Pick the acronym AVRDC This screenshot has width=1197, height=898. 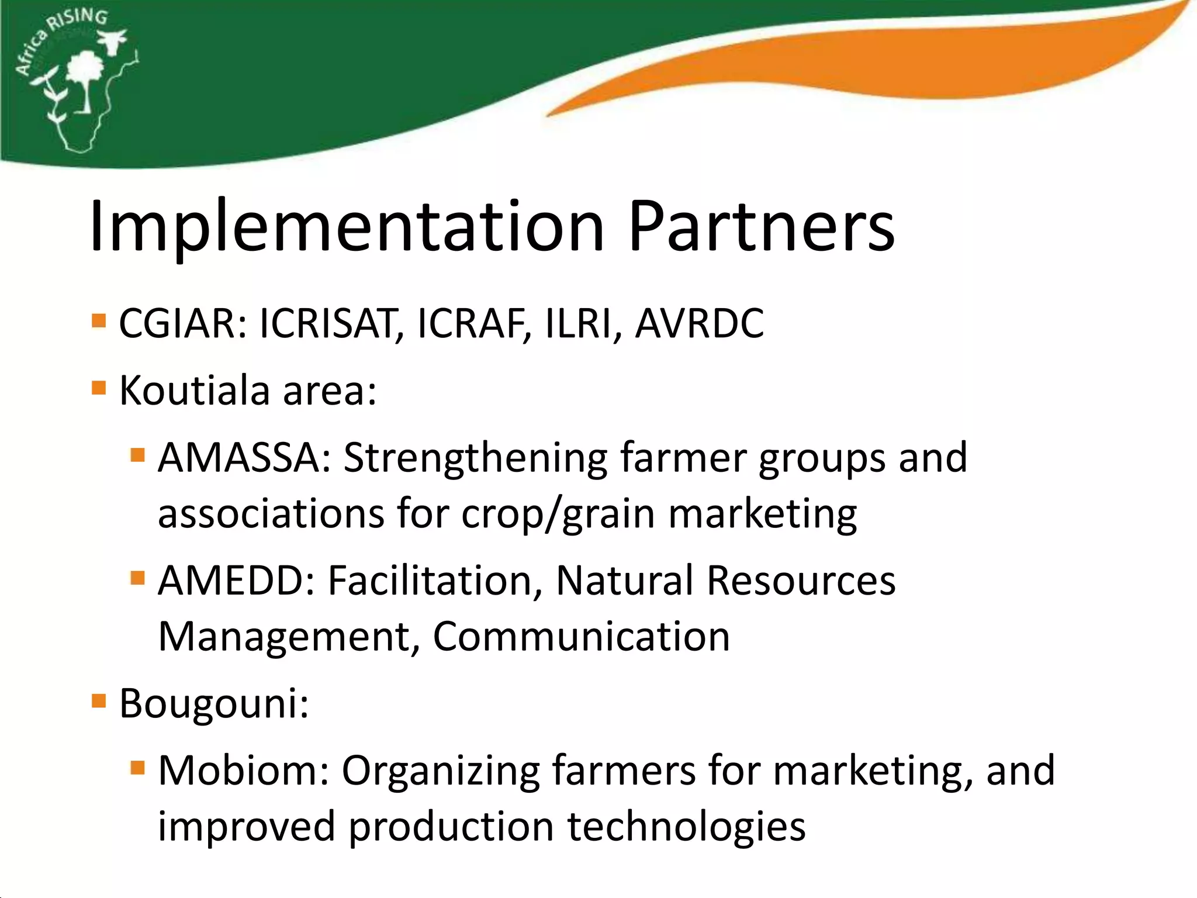pyautogui.click(x=700, y=323)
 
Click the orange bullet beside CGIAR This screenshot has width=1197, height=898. pyautogui.click(x=99, y=321)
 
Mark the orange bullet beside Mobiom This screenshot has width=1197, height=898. pyautogui.click(x=138, y=768)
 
